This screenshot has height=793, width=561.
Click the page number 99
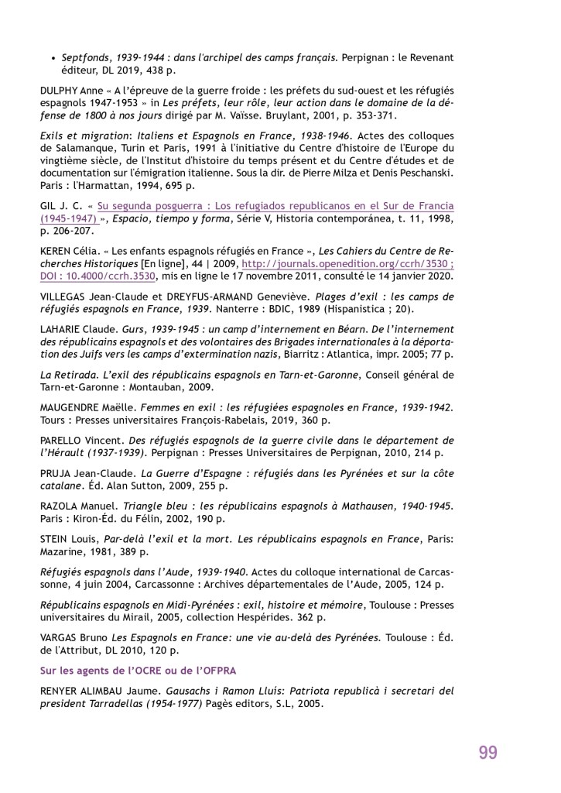[x=487, y=752]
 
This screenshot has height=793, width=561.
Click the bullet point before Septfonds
[x=53, y=57]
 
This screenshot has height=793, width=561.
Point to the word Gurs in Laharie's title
[x=134, y=328]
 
